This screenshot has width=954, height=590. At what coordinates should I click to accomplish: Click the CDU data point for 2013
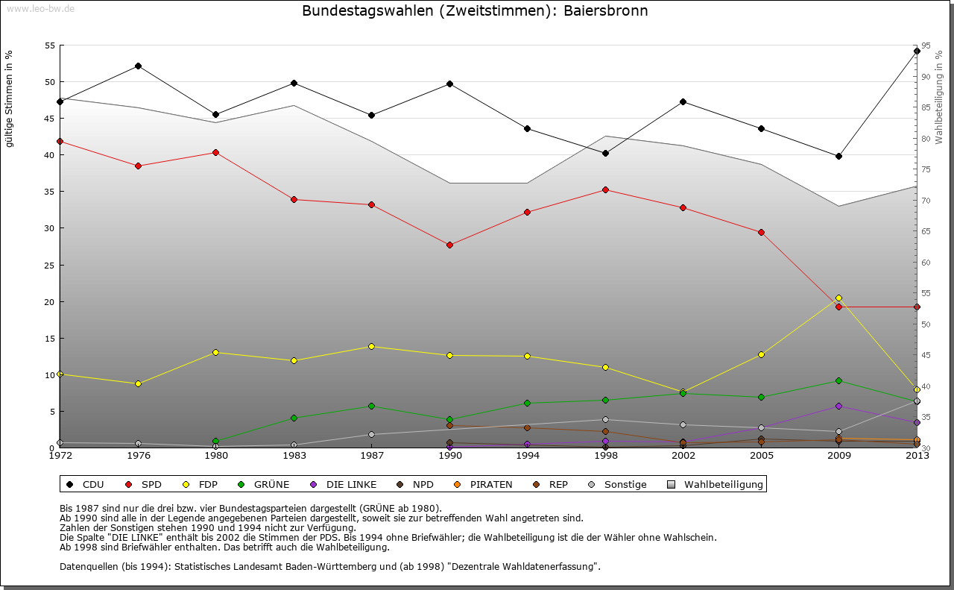pos(917,51)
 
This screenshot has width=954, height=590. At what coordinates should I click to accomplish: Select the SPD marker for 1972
pos(60,141)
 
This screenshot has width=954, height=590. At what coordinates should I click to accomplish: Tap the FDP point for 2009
pos(838,298)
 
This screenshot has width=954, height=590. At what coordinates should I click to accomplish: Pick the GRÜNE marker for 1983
pos(294,418)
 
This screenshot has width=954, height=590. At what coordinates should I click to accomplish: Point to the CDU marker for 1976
pos(138,66)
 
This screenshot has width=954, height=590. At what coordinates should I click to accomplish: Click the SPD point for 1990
pos(449,245)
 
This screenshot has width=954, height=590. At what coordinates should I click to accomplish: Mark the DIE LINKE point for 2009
pos(838,406)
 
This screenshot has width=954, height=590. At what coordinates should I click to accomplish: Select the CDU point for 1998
pos(605,153)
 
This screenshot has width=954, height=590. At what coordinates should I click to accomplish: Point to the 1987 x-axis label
pos(371,455)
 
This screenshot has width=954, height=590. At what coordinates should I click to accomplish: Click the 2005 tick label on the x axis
pos(761,455)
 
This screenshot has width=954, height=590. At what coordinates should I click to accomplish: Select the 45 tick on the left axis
pos(51,119)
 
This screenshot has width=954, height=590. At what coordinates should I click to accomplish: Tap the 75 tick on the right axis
pos(925,170)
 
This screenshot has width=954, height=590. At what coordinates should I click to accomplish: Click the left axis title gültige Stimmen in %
pos(10,98)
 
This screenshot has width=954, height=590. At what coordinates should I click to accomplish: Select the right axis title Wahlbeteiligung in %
pos(939,97)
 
